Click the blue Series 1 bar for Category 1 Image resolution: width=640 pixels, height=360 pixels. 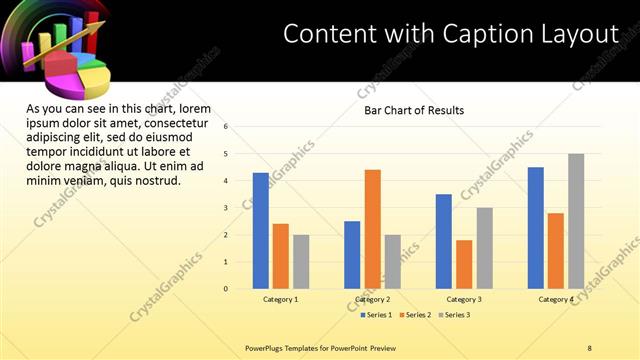(x=260, y=231)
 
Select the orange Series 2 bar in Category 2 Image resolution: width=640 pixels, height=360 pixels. (x=372, y=229)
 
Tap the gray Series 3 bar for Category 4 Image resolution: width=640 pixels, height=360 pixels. (x=576, y=221)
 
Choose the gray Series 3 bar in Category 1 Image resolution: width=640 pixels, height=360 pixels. (x=301, y=262)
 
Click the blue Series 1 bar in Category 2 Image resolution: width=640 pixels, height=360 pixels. (x=352, y=255)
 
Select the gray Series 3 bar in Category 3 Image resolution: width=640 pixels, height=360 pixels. (x=484, y=248)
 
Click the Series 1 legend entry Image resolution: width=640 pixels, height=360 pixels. (x=375, y=315)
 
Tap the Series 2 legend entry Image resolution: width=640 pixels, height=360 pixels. (x=416, y=315)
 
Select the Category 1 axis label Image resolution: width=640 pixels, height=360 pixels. (x=281, y=299)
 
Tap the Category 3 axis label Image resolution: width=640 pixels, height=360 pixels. (x=464, y=299)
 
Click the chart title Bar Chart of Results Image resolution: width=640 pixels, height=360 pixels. (x=414, y=110)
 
